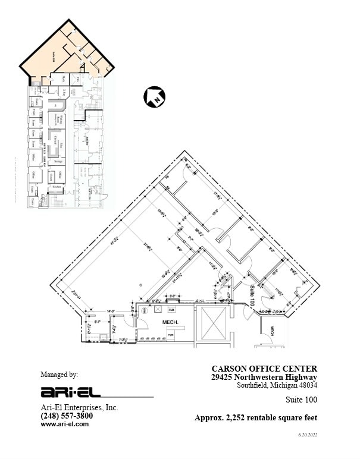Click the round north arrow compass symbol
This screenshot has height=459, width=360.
point(154,96)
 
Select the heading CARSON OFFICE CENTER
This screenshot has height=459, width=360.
point(264,369)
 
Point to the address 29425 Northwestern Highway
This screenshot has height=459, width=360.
point(264,377)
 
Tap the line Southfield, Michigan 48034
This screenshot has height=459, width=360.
point(277,385)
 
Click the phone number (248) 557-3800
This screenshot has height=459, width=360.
point(67,416)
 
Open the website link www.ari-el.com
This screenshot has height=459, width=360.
point(60,424)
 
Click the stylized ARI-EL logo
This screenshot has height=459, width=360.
point(71,392)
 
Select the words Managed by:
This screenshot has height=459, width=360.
point(59,375)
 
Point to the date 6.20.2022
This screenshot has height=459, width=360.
point(308,435)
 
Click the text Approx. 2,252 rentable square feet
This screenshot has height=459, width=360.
point(255,418)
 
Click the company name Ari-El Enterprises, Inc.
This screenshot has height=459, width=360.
point(79,408)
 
